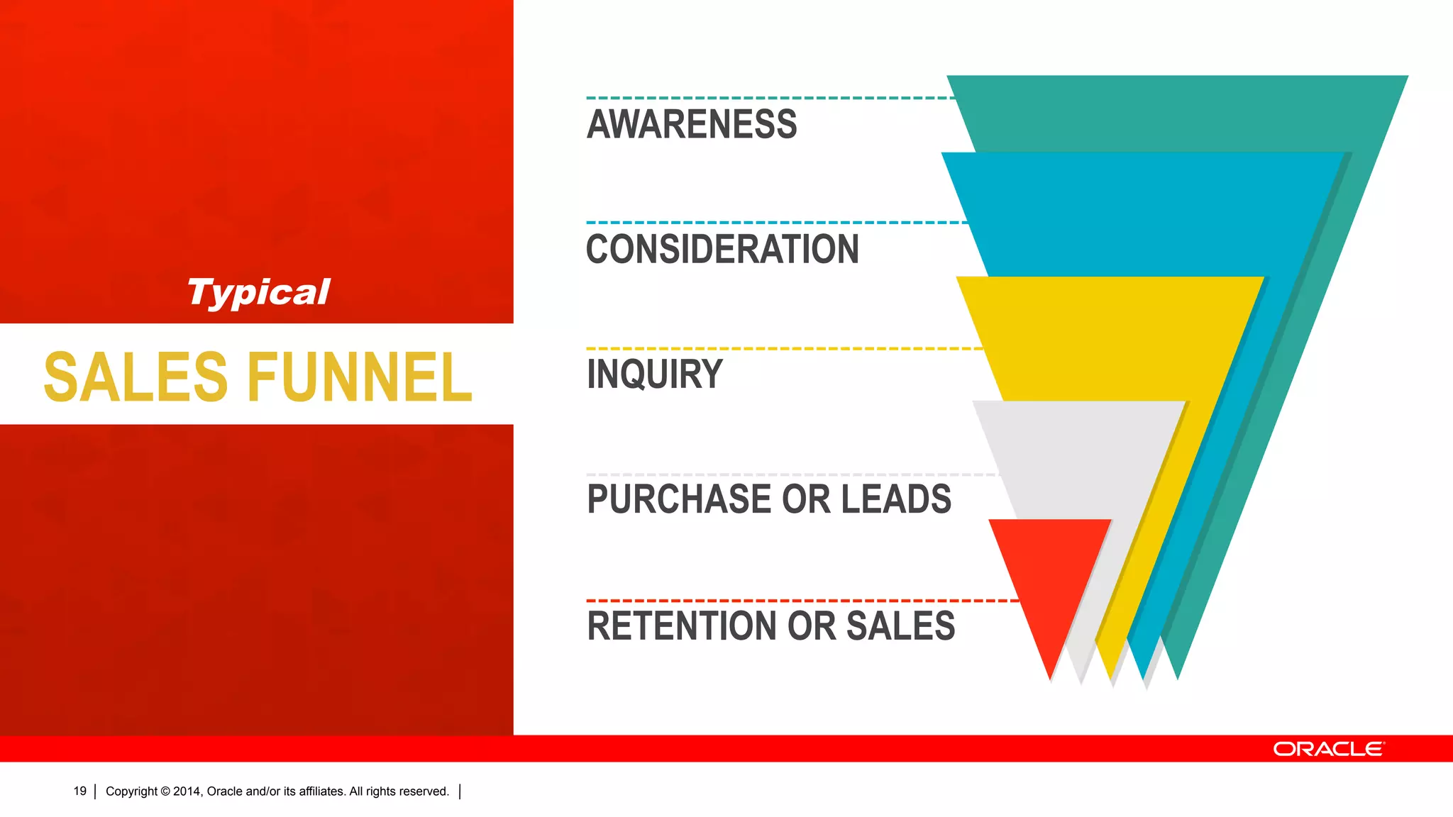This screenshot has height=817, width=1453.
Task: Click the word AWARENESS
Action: (692, 124)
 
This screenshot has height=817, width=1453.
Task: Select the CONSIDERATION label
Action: (722, 249)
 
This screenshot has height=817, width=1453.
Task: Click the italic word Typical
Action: (258, 292)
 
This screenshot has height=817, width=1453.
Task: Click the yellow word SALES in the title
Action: (136, 377)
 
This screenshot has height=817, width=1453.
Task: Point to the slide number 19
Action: (79, 791)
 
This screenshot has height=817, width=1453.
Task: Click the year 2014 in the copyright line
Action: (187, 791)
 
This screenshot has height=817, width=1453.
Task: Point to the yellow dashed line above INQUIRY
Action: (780, 349)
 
